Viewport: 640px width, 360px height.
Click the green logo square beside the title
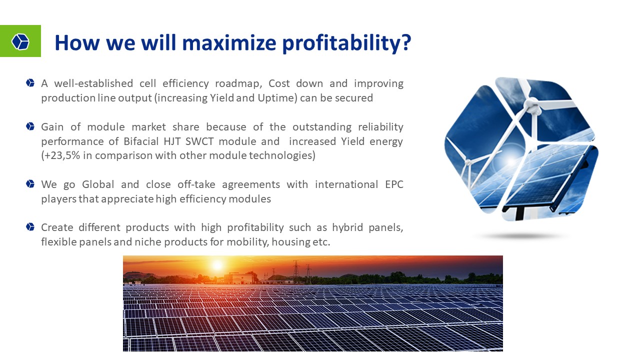point(20,41)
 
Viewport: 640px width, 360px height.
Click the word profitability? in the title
point(346,43)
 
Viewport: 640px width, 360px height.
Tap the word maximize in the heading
point(229,42)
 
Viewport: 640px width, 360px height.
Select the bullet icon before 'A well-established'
point(30,83)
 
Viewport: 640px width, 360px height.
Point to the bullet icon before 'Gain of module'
point(30,126)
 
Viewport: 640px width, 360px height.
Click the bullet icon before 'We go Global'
point(30,183)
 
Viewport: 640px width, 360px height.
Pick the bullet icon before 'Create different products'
point(30,227)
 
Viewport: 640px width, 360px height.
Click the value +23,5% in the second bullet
point(60,155)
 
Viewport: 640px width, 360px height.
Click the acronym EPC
point(394,184)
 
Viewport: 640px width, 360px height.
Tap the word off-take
point(196,184)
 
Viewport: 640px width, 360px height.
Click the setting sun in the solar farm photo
point(217,265)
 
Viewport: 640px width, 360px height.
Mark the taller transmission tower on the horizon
point(296,268)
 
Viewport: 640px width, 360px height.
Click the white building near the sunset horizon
point(238,278)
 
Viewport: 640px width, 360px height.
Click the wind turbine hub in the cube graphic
point(532,105)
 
